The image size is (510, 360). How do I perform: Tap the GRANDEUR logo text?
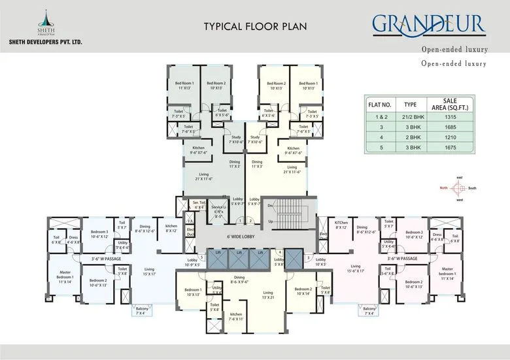pyautogui.click(x=428, y=25)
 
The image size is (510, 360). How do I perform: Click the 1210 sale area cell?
pyautogui.click(x=468, y=138)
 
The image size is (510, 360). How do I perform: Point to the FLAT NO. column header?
pyautogui.click(x=379, y=104)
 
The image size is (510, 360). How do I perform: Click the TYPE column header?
pyautogui.click(x=410, y=104)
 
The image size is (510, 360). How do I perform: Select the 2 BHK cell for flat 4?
pyautogui.click(x=410, y=138)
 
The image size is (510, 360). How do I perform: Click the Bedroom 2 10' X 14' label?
pyautogui.click(x=303, y=291)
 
